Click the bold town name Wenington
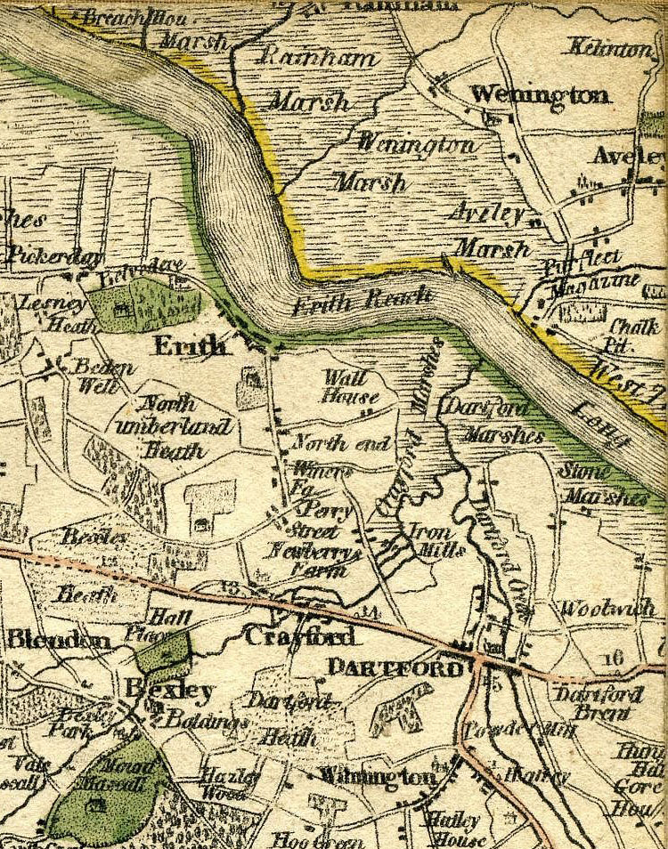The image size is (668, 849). tap(540, 93)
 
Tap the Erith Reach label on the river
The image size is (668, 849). tap(363, 301)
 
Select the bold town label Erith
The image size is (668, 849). tap(190, 345)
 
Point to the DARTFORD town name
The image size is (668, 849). tap(395, 667)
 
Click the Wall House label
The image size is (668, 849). tap(350, 388)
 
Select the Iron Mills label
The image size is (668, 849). tap(436, 540)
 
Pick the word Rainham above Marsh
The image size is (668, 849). tap(317, 59)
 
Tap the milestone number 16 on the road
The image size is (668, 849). tap(611, 659)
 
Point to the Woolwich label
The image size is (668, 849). tap(607, 610)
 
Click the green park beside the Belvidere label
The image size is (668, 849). tap(143, 303)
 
